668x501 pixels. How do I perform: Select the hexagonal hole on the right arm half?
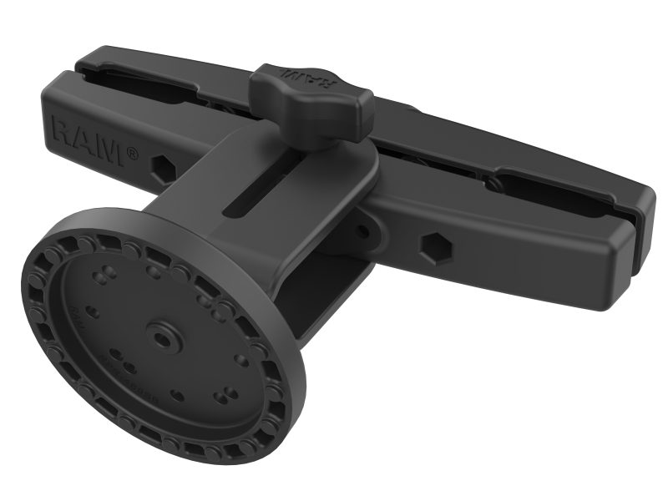433,248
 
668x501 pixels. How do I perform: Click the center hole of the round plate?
159,337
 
